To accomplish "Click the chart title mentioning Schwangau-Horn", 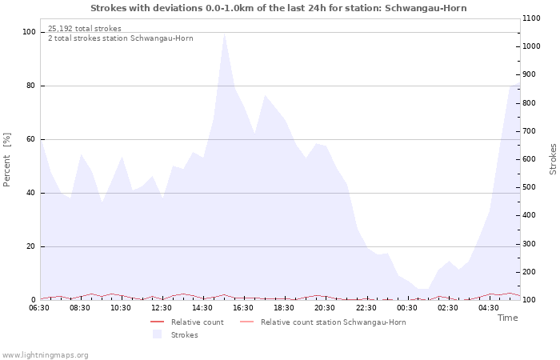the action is [x=278, y=8].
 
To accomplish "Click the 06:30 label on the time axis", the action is [x=39, y=308].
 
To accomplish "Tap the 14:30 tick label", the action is [x=202, y=308].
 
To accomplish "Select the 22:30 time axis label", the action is [x=366, y=308].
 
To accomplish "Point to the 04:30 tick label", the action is [x=489, y=308].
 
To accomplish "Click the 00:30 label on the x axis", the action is [x=406, y=308].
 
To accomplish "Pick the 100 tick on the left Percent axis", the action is [x=29, y=32].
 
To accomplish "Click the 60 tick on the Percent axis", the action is [x=31, y=139].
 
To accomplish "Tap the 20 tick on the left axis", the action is [x=31, y=246].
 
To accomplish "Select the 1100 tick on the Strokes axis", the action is [x=531, y=18].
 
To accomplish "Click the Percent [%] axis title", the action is [x=6, y=160].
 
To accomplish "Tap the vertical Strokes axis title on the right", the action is [x=553, y=159].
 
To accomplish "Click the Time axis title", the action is [x=507, y=318].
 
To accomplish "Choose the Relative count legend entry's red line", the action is [x=157, y=322].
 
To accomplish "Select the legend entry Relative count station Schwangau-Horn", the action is [x=334, y=322].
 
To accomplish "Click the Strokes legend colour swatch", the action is [x=157, y=334].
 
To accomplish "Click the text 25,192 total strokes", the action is [x=85, y=29].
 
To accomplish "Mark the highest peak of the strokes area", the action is [x=224, y=34].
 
